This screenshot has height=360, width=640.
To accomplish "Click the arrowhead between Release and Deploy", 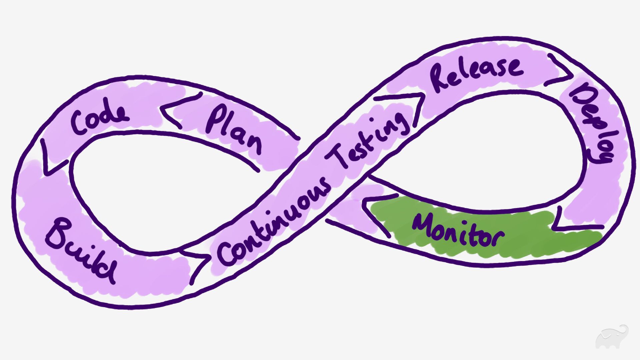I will [x=560, y=72].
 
